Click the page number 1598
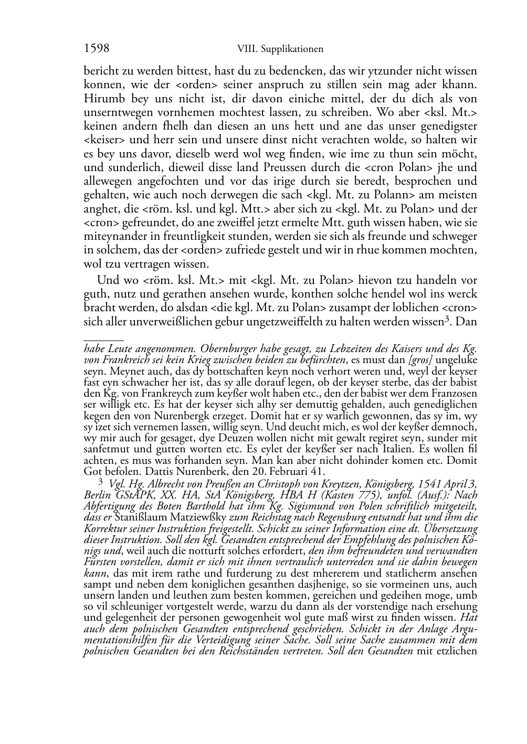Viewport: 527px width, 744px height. (x=97, y=49)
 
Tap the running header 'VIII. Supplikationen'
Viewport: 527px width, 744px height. (x=280, y=49)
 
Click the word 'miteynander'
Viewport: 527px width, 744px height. (x=111, y=237)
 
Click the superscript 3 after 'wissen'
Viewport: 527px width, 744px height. (x=447, y=318)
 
